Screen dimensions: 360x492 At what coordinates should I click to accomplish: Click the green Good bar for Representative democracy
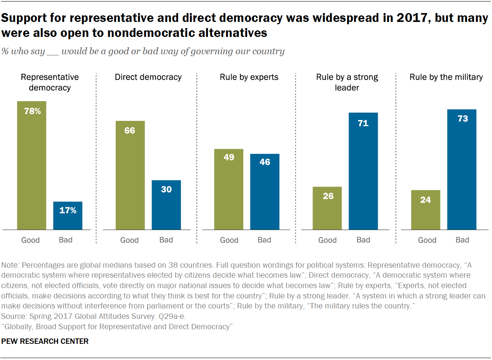pos(32,165)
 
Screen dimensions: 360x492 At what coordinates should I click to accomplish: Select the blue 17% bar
pos(68,216)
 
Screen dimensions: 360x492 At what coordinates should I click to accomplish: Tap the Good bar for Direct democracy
pos(130,175)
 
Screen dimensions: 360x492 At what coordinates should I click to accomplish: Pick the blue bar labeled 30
pos(166,205)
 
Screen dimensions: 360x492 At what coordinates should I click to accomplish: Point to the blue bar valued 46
pos(264,192)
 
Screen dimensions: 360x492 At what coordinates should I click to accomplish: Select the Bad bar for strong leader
pos(363,171)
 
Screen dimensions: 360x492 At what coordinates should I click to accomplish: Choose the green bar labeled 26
pos(327,208)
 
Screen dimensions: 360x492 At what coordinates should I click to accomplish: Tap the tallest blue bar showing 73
pos(462,170)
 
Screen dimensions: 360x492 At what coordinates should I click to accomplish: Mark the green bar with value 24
pos(426,210)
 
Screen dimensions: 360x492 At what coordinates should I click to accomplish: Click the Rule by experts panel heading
pos(249,77)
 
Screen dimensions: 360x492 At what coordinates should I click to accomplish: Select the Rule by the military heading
pos(446,77)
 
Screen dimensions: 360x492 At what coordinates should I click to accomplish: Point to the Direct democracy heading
pos(148,77)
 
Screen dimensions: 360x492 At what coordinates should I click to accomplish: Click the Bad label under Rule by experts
pos(264,240)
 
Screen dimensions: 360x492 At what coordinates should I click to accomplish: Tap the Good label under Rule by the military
pos(427,240)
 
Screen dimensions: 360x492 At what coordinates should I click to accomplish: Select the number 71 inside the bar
pos(363,123)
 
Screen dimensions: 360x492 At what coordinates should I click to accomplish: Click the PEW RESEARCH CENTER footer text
pos(45,342)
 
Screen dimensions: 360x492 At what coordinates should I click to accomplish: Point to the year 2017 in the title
pos(407,18)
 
